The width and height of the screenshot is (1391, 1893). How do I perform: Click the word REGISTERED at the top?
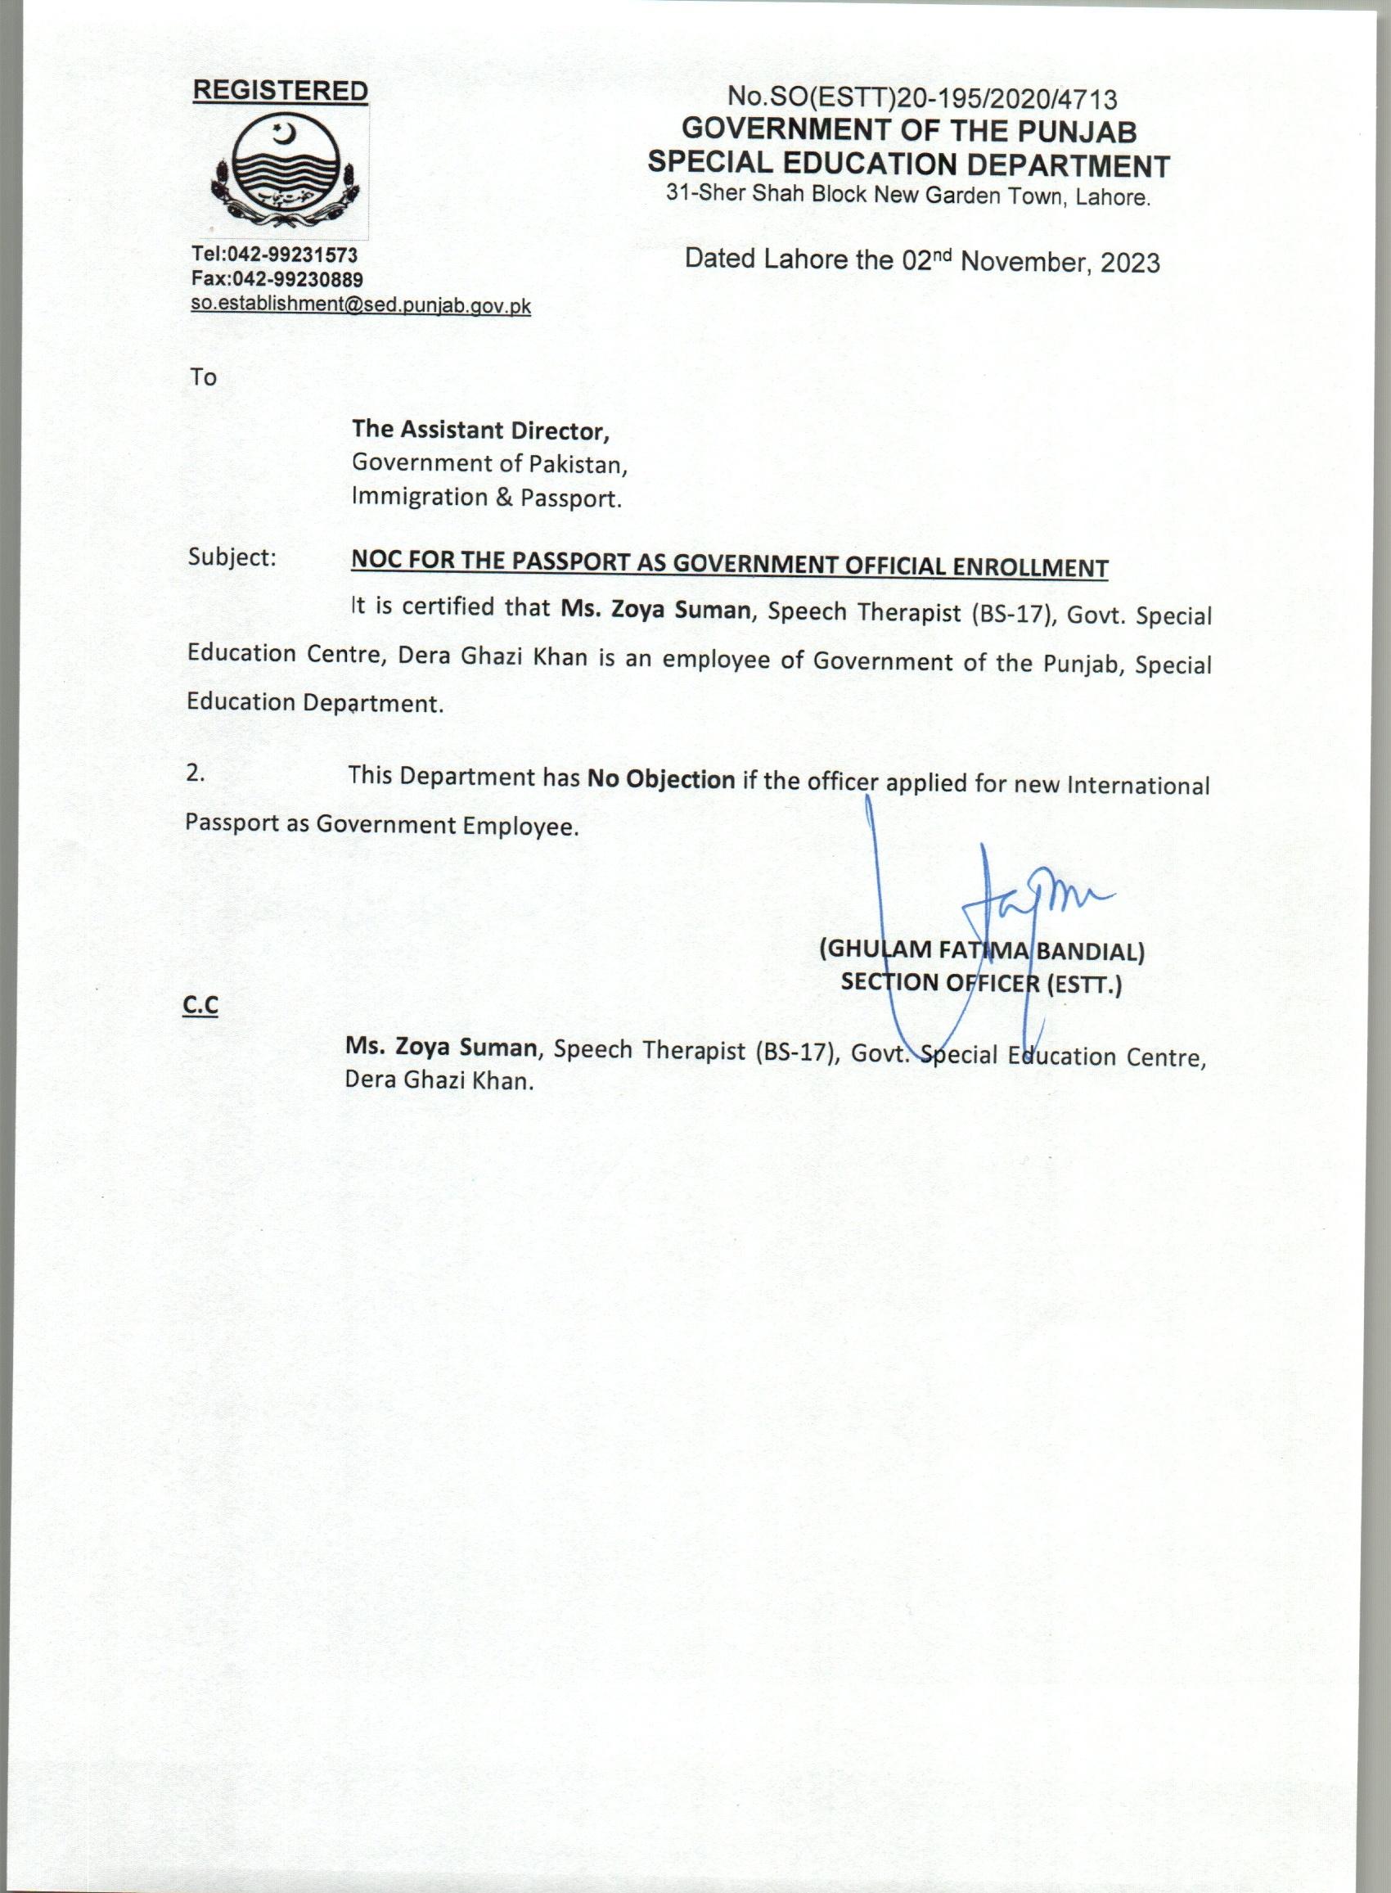point(281,91)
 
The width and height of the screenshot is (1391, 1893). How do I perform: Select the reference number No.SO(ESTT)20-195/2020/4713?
point(923,98)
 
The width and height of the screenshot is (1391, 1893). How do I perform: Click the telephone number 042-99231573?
point(291,255)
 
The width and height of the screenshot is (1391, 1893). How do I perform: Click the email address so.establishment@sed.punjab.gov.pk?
point(360,305)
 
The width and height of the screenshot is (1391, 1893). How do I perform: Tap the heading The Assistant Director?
point(480,430)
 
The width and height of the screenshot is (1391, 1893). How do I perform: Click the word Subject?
point(232,557)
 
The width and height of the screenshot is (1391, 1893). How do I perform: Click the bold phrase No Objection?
point(661,780)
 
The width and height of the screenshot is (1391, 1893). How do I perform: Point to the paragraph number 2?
point(196,774)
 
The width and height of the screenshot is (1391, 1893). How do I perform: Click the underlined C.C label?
point(200,1007)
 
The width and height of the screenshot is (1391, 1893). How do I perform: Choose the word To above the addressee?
point(203,377)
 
